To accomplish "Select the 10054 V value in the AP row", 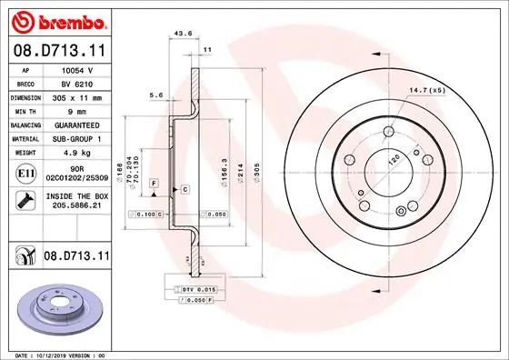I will point(76,69).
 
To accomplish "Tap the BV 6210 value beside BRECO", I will point(76,82).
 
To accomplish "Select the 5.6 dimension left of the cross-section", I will point(155,95).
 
